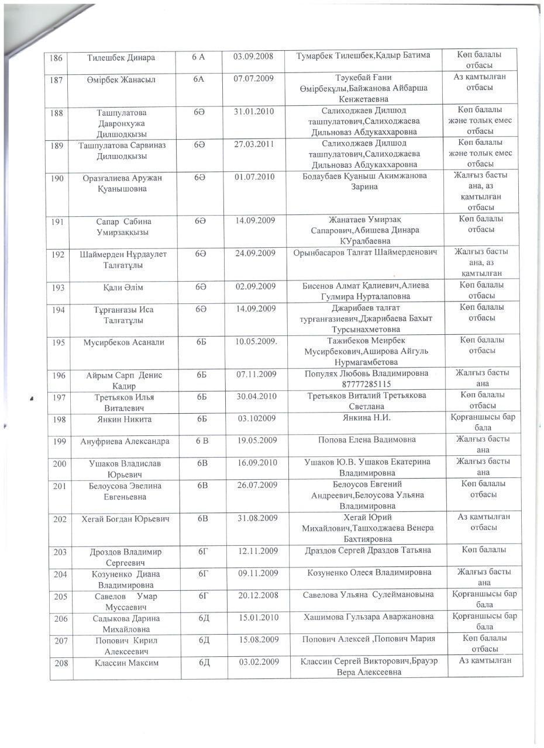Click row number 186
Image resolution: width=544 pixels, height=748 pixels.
[x=56, y=58]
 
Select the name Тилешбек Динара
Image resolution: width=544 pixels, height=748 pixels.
[x=121, y=58]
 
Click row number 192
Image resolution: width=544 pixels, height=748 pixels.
[x=58, y=254]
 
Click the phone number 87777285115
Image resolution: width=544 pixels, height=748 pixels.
[x=367, y=384]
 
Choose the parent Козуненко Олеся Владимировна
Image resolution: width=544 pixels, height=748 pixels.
[x=369, y=573]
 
